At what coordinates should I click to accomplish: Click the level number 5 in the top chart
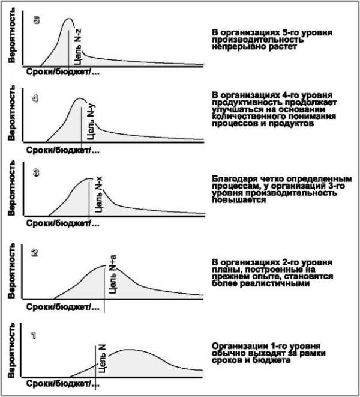point(37,19)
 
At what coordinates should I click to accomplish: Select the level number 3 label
point(36,173)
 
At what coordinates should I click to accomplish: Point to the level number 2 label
point(35,252)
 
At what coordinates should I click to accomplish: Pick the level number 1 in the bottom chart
point(34,336)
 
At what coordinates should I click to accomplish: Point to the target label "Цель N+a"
point(113,276)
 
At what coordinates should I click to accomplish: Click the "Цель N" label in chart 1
point(103,359)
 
